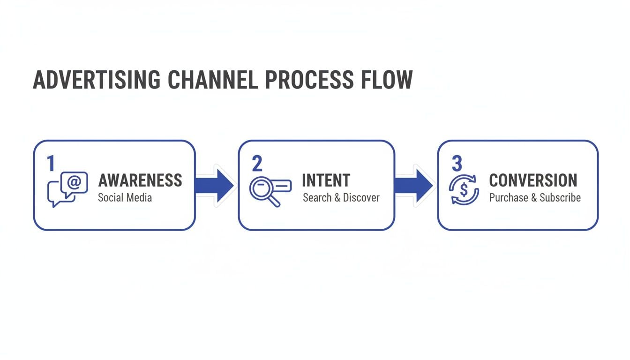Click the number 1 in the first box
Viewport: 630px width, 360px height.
point(51,164)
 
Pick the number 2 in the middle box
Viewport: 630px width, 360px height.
point(257,164)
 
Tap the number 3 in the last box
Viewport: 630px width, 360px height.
point(457,164)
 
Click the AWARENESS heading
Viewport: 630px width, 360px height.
point(140,180)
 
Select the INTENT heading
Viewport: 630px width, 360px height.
point(326,180)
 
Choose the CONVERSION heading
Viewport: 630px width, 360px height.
point(533,180)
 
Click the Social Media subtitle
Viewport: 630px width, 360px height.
point(125,197)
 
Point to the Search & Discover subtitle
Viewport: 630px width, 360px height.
point(341,197)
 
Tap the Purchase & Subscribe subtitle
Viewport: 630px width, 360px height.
point(535,197)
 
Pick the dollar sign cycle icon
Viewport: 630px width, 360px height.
point(464,189)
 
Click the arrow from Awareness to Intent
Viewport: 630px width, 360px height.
point(215,186)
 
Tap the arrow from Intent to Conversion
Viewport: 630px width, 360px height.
point(413,186)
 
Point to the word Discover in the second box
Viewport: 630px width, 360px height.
point(361,197)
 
